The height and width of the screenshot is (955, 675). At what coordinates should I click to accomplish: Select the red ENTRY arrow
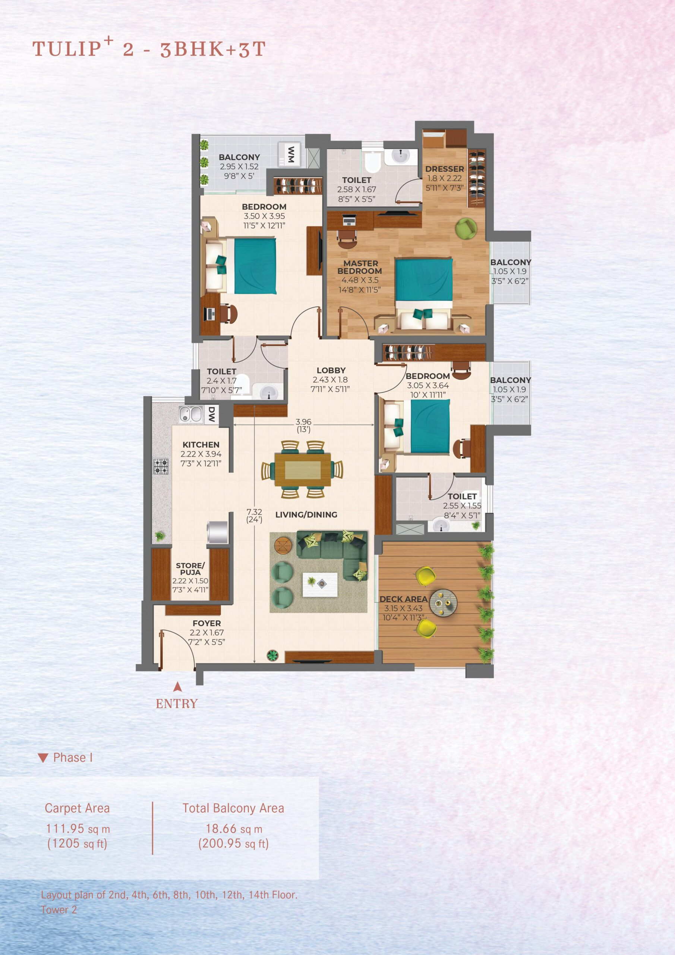[x=177, y=686]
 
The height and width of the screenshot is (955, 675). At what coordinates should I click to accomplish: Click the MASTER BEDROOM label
[x=360, y=267]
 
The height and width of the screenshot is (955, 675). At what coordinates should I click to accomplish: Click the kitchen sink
[x=190, y=414]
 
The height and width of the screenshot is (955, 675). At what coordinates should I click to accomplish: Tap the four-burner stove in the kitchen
[x=161, y=466]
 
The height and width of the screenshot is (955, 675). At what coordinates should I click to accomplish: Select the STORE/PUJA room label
[x=190, y=569]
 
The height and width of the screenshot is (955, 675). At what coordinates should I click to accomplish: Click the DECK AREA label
[x=403, y=599]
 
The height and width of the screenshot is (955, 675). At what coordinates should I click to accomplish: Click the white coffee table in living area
[x=320, y=585]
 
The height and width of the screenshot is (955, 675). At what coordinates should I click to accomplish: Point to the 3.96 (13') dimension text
[x=303, y=425]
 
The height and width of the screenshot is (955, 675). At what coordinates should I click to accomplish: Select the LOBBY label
[x=331, y=370]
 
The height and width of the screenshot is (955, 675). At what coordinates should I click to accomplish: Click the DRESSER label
[x=444, y=169]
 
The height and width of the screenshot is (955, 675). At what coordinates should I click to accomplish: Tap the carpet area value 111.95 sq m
[x=78, y=829]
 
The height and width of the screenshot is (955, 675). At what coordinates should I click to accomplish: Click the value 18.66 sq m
[x=234, y=829]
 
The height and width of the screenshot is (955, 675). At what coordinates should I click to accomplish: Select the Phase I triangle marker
[x=43, y=758]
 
